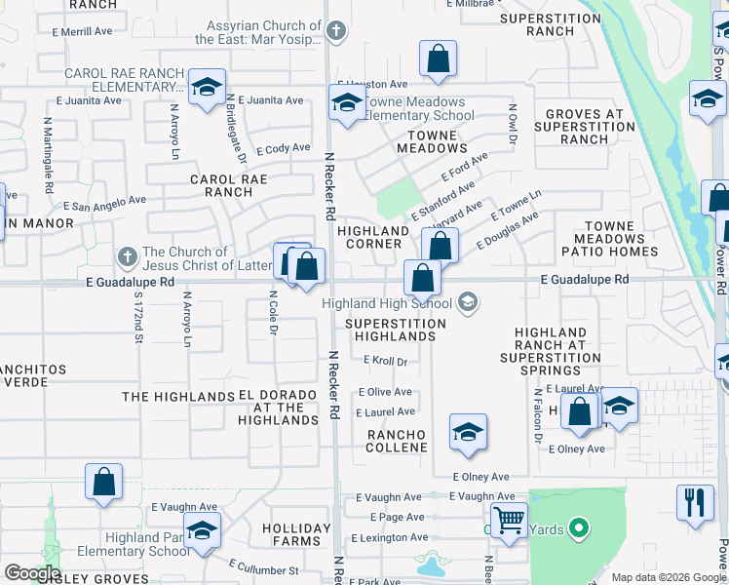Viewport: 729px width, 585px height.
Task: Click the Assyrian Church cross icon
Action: point(335,31)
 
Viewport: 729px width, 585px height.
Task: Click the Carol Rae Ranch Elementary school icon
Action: point(207,87)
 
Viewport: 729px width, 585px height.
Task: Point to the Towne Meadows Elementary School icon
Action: point(346,102)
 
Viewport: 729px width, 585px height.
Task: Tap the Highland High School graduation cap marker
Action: point(469,301)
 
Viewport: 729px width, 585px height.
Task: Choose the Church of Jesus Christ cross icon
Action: point(126,258)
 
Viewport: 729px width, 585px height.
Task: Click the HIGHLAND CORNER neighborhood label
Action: point(372,238)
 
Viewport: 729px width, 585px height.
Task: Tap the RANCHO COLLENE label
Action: point(397,441)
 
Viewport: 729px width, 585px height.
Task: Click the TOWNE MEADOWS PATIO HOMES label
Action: point(610,239)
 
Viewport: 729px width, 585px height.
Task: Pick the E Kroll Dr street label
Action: point(384,361)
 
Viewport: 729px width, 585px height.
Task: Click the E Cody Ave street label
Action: point(283,149)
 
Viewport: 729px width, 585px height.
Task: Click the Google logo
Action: point(31,572)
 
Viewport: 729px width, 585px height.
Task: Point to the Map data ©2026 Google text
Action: point(667,577)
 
